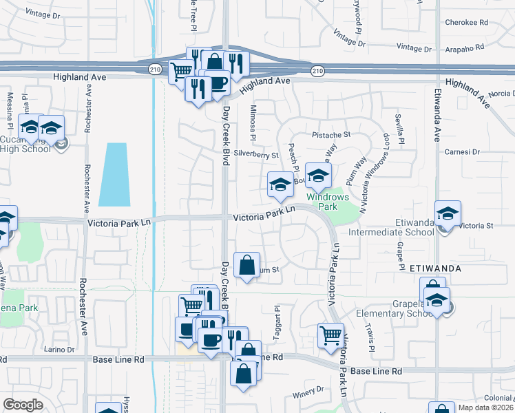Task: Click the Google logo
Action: [x=23, y=405]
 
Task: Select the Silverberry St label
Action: [x=255, y=155]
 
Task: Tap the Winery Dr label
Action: [x=307, y=390]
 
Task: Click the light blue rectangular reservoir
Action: [x=114, y=174]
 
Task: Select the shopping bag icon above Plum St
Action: [x=246, y=264]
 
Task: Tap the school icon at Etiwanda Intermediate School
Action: [x=448, y=213]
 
